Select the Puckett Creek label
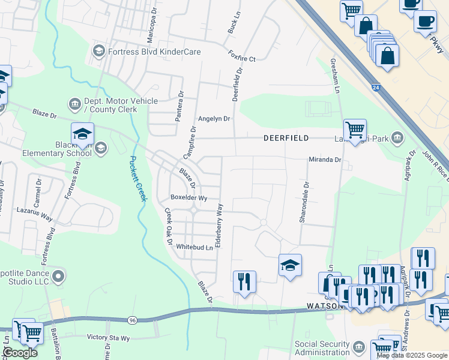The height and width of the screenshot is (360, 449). [137, 179]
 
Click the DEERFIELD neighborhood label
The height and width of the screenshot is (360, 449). [286, 138]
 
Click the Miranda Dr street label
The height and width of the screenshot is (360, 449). [325, 160]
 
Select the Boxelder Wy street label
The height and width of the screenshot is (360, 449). [188, 197]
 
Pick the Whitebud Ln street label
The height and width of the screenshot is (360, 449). [194, 247]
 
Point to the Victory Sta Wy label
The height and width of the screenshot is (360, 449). [108, 338]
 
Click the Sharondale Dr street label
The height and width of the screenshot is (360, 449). [305, 203]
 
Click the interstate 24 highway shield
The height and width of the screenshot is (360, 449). [375, 87]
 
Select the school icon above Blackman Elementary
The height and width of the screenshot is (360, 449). [82, 133]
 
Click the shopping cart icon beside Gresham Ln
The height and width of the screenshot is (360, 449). [355, 128]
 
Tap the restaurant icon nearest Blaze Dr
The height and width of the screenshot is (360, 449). [244, 280]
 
